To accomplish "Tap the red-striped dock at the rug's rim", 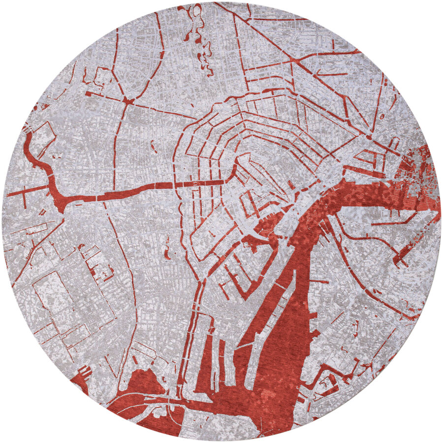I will [x=83, y=374].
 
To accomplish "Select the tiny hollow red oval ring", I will [x=196, y=10].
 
